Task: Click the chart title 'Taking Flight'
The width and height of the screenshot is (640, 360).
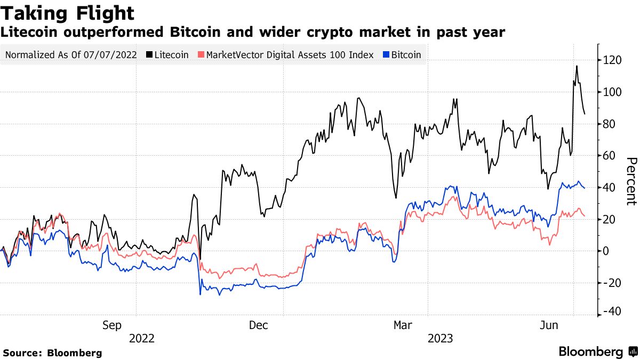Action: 67,13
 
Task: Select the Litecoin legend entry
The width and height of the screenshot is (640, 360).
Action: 167,55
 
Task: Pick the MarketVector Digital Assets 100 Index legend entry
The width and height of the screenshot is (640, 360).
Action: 285,55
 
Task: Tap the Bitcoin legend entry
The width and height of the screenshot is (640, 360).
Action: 402,55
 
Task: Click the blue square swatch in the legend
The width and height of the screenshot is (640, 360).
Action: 386,55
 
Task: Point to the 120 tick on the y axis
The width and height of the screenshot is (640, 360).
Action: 612,61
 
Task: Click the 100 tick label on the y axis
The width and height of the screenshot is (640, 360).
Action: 612,92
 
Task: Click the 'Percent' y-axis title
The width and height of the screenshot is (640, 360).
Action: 631,181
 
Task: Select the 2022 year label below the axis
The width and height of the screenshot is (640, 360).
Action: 141,339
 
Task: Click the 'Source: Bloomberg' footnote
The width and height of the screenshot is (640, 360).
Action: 52,353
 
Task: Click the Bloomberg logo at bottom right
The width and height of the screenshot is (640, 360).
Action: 597,352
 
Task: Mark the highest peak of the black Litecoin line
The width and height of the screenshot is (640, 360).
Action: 577,66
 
